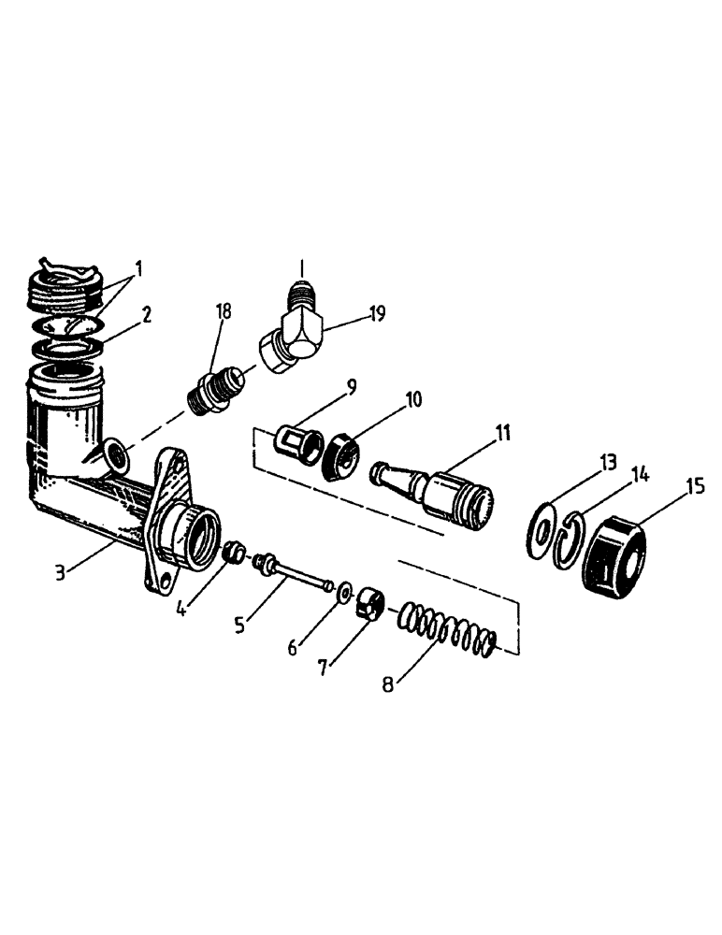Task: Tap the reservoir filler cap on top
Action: [x=66, y=281]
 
